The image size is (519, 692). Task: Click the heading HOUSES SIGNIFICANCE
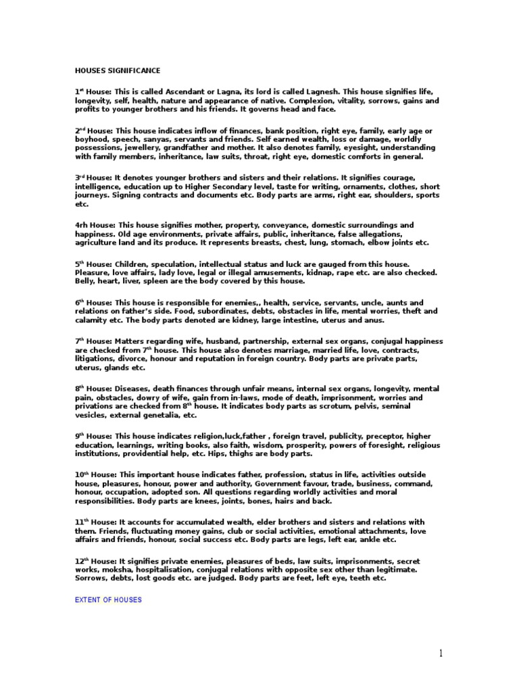(x=117, y=70)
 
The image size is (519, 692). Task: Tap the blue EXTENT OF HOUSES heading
(x=108, y=599)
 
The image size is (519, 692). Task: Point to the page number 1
(x=441, y=653)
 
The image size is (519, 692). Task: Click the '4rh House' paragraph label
(x=93, y=224)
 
